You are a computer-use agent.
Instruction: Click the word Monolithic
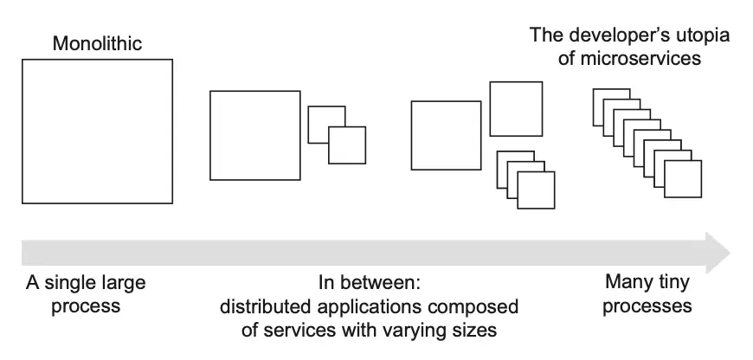pos(97,42)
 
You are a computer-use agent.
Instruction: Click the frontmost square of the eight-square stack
pos(682,181)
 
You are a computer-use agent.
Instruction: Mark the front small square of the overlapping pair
pos(347,145)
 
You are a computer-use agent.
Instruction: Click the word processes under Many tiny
pos(648,305)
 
